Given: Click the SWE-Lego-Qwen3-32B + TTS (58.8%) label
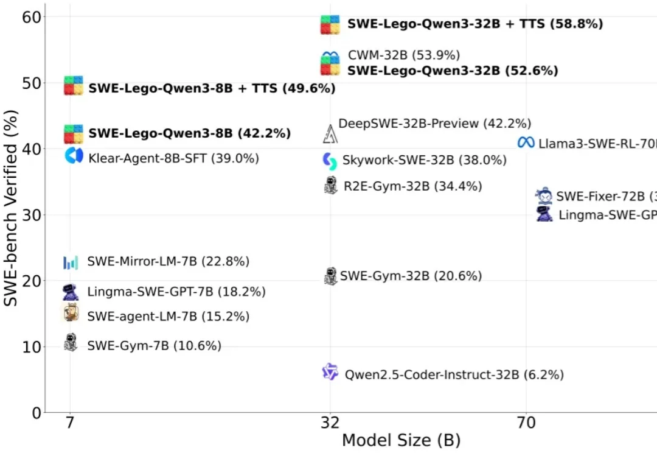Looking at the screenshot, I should (474, 24).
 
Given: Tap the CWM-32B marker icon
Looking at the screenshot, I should (330, 57).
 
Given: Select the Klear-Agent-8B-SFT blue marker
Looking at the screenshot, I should (74, 156).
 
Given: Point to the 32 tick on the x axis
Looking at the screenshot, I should (330, 423).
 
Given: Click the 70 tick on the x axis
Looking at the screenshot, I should (526, 423).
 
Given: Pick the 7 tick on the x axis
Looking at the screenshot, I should (70, 423).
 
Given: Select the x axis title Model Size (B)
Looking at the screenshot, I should (401, 440).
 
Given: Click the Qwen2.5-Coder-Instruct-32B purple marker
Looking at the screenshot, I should (330, 371).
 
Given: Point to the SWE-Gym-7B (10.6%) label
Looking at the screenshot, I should (154, 346).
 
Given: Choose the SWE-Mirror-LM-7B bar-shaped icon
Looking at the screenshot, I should (71, 262).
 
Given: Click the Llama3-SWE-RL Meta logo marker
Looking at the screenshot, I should (526, 142).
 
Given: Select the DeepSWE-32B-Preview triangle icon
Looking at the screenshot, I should (330, 133).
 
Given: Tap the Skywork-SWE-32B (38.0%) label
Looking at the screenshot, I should (424, 161).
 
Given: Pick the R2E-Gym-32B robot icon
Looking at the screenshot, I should (330, 185).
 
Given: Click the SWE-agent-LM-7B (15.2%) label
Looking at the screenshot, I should (168, 316).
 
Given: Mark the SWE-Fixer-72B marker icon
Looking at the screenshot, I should (543, 195).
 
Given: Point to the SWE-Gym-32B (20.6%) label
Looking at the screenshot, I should (411, 276).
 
